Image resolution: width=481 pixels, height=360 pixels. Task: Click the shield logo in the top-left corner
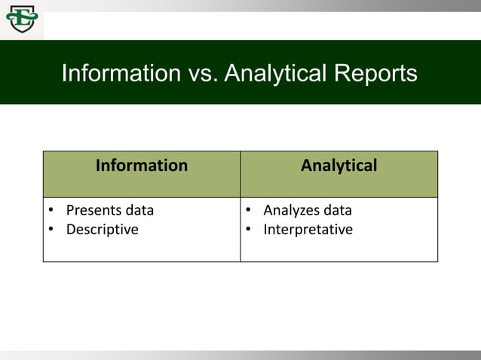[x=21, y=19]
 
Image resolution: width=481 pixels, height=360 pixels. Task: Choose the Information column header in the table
[x=142, y=166]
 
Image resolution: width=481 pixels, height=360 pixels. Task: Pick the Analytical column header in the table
[x=339, y=166]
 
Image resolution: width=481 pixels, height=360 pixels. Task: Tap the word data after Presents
[x=139, y=210]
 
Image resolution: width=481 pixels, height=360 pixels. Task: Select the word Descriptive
[x=102, y=230]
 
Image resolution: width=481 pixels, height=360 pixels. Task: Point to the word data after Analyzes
[x=337, y=210]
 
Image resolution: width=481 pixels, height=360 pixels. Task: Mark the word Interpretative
[x=308, y=230]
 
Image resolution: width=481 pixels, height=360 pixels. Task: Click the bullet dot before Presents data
[x=51, y=211]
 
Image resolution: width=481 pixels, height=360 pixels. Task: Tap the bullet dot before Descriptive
[x=51, y=230]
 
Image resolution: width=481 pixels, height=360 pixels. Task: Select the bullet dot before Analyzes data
[x=248, y=211]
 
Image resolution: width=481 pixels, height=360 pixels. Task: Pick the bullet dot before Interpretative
[x=248, y=230]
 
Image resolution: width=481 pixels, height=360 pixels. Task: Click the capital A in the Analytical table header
[x=307, y=166]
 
